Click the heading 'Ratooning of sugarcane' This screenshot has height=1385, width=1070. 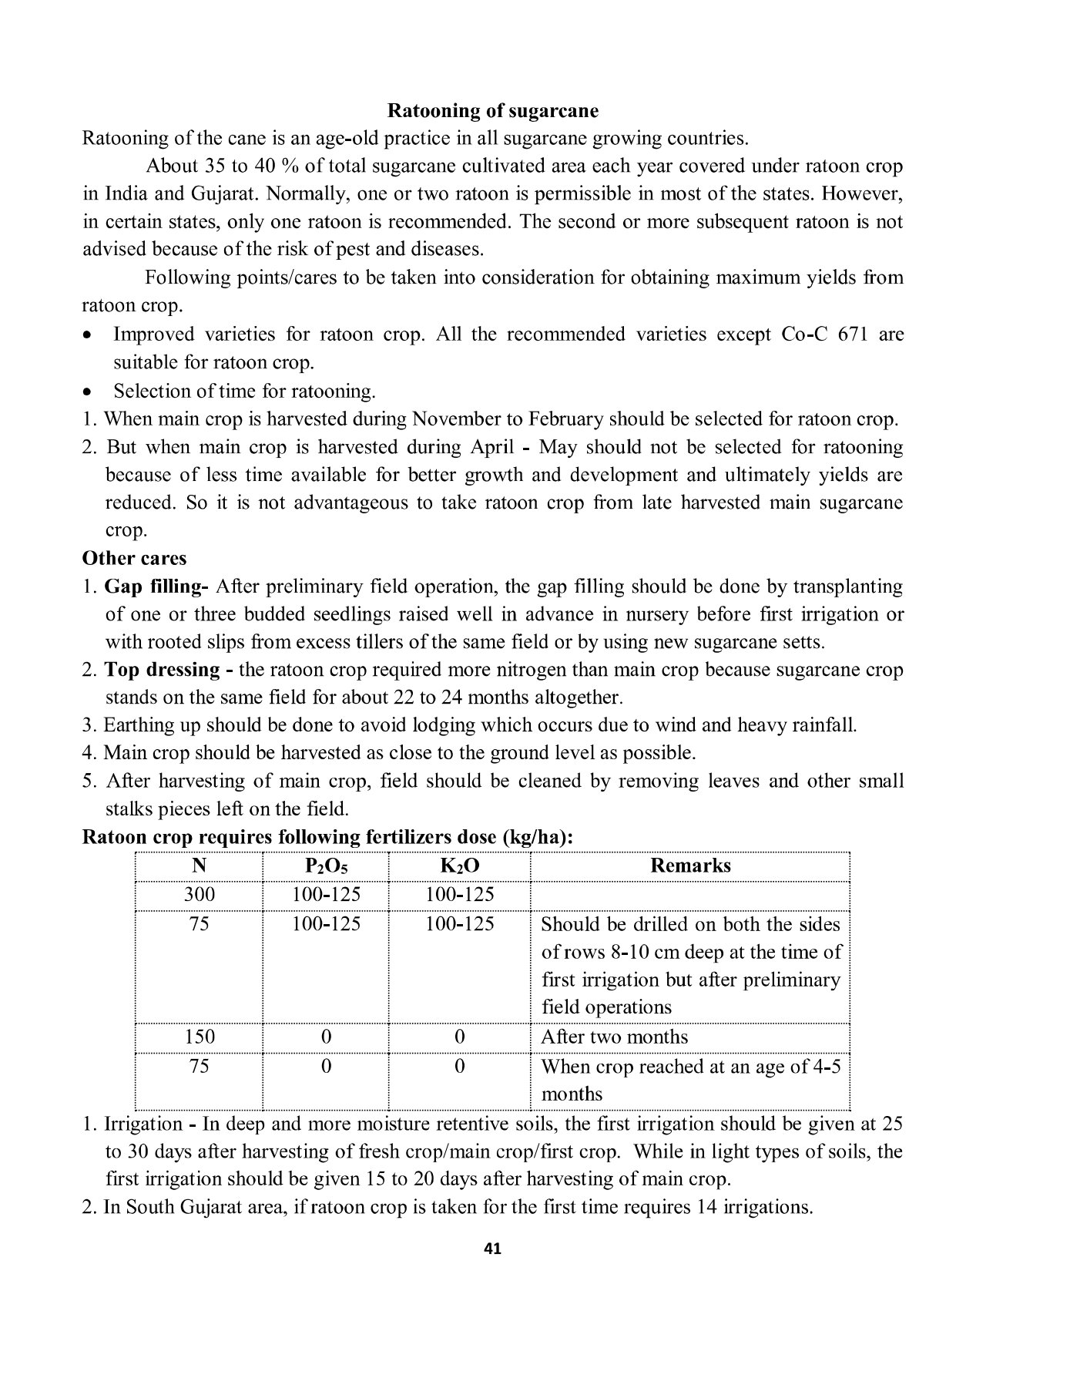(492, 111)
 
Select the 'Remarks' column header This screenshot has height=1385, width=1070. (690, 866)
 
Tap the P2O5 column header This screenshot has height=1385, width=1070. (326, 866)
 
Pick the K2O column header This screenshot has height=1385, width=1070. (459, 866)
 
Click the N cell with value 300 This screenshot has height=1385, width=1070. (200, 895)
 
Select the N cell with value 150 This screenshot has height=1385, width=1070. (200, 1037)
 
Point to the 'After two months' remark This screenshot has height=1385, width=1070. (614, 1037)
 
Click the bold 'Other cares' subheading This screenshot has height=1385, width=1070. (134, 558)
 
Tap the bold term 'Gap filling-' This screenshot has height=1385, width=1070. (156, 587)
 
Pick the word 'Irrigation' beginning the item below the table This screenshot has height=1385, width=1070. (143, 1124)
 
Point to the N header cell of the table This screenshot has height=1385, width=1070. (200, 866)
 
